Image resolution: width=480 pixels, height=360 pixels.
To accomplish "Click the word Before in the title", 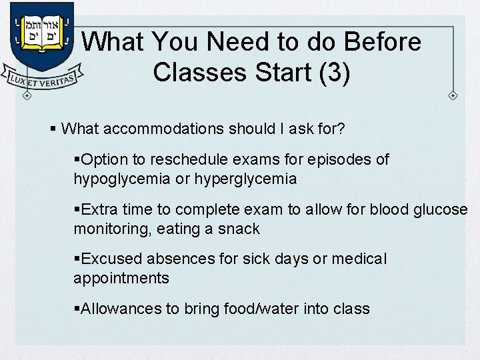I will [381, 42].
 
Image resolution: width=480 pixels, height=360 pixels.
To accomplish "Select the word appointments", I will [121, 278].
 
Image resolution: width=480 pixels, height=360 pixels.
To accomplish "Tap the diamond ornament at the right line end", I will [453, 96].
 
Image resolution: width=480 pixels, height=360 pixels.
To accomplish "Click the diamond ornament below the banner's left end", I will [27, 95].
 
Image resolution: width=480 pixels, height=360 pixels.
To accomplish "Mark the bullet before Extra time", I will [77, 209].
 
